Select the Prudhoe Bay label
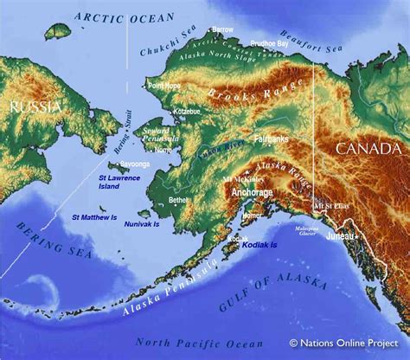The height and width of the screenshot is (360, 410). pos(269,42)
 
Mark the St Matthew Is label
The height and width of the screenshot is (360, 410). pos(93,216)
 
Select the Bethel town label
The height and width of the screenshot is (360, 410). pos(178,200)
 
